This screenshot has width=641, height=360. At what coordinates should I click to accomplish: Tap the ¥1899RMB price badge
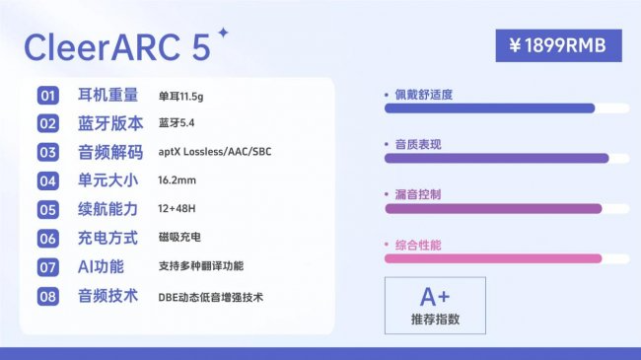point(558,44)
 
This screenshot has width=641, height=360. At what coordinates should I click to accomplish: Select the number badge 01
point(48,96)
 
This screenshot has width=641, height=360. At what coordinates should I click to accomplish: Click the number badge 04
point(48,181)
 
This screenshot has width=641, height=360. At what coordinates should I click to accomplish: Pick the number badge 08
point(48,296)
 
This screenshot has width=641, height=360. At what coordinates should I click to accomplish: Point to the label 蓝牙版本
point(110,124)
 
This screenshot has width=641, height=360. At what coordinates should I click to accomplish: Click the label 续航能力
point(110,209)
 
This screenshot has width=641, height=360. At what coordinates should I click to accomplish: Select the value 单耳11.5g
point(185,96)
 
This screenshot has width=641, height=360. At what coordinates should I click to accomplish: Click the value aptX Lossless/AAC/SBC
point(215,153)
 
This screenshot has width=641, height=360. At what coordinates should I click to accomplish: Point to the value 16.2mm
point(178,181)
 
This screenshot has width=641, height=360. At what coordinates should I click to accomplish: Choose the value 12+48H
point(178,210)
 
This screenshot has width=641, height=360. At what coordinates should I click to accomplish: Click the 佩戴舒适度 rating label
point(425,95)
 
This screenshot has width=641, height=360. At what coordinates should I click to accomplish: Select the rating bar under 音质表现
point(496,158)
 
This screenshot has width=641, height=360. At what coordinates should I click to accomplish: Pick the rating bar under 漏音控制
point(492,208)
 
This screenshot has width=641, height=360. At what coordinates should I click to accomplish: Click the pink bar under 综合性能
point(492,258)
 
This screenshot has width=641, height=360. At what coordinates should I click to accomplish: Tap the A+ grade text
point(435,297)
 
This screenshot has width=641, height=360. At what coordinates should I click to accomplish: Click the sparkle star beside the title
point(223,33)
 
